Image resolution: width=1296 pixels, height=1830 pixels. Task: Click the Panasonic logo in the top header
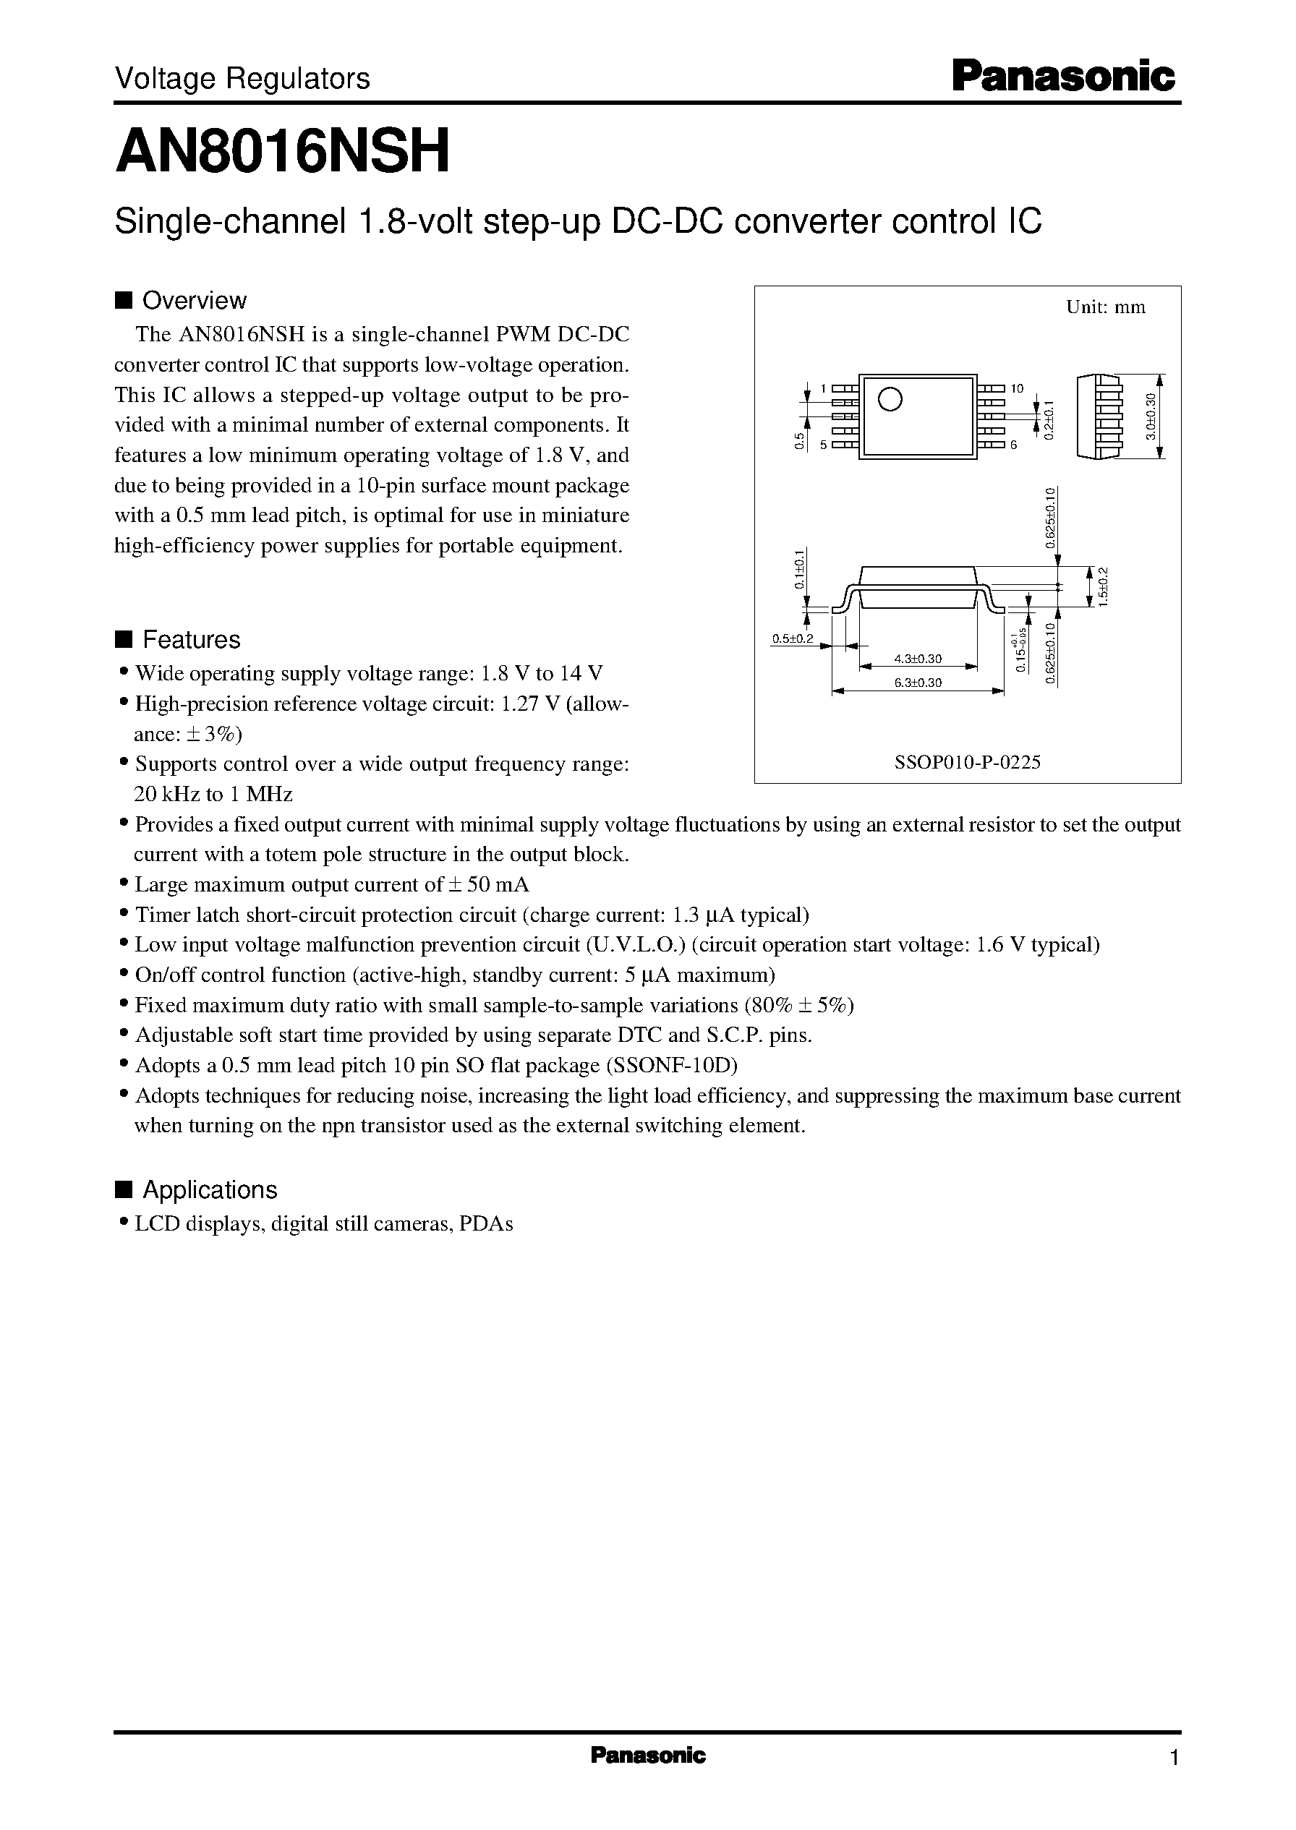pos(1064,77)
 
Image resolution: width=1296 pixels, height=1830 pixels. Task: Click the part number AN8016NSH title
pos(283,152)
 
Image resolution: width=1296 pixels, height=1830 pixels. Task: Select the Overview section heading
pos(193,301)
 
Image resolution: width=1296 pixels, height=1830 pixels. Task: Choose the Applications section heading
pos(208,1189)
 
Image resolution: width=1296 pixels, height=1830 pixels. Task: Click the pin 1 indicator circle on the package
pos(890,399)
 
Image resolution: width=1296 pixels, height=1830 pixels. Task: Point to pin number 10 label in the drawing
pos(1017,388)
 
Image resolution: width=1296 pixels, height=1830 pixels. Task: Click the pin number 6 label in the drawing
pos(1013,445)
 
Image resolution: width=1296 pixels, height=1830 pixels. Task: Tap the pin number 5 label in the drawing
pos(823,445)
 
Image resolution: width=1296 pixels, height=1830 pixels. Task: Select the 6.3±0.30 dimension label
pos(918,683)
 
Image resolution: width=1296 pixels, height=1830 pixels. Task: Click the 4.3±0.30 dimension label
pos(918,659)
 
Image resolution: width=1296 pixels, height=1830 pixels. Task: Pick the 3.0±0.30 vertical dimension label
pos(1150,416)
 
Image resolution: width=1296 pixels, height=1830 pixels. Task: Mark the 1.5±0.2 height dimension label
pos(1104,586)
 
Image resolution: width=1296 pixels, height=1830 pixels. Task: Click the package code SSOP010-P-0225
pos(967,762)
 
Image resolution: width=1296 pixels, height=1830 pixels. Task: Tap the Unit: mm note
pos(1105,308)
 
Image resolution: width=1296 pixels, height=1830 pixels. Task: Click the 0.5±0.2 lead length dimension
pos(792,639)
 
